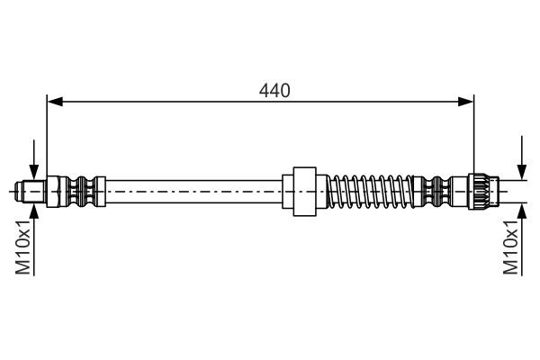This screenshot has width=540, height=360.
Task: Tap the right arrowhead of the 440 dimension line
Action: [x=467, y=101]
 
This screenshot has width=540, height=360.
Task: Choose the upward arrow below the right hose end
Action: [x=521, y=211]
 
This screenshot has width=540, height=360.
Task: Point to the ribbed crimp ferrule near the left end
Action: [x=83, y=191]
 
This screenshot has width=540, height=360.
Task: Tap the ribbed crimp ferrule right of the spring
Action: [x=440, y=191]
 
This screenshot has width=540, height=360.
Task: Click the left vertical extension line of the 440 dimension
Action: [x=47, y=135]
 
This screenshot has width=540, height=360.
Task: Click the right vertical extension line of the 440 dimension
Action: [x=474, y=135]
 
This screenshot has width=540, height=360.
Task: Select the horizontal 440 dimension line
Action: [x=180, y=101]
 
